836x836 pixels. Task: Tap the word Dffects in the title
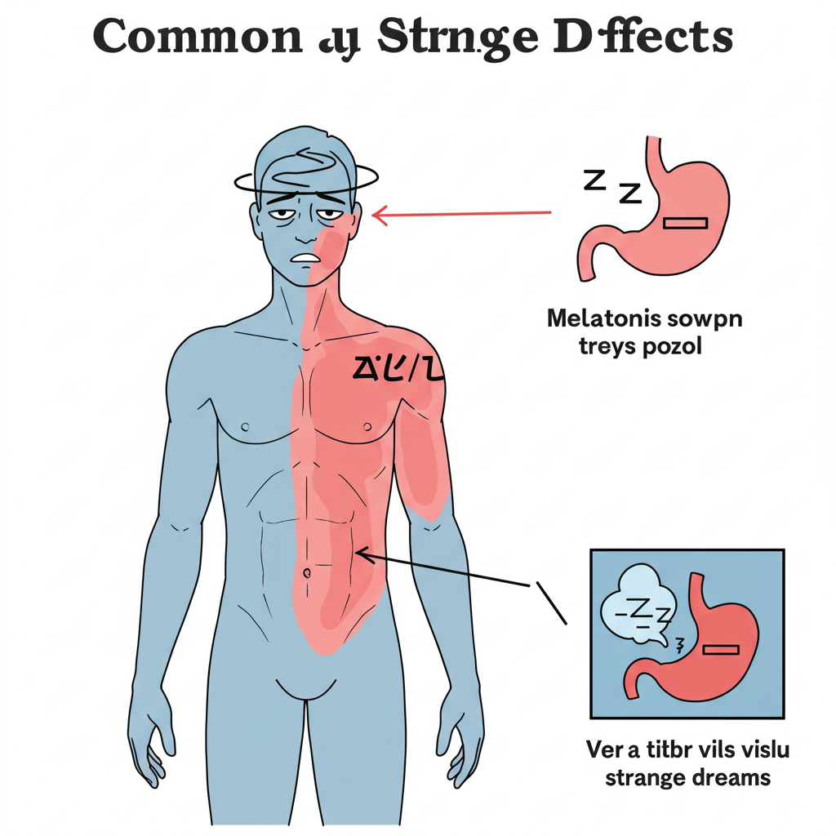(x=648, y=38)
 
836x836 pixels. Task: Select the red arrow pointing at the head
(x=461, y=214)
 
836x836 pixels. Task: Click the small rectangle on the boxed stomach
(x=720, y=650)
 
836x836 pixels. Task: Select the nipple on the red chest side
(x=367, y=426)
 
